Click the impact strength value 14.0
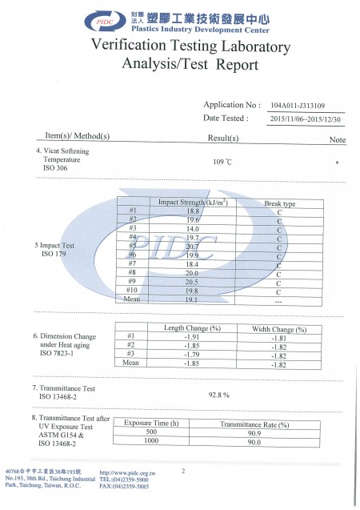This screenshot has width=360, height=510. coord(192,229)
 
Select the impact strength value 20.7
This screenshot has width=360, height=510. coord(192,247)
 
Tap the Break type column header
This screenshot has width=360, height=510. coord(279,203)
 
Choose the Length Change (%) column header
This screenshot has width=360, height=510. coord(192,328)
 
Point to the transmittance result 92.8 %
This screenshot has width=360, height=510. coord(219,395)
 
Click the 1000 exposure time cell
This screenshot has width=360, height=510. coord(152,441)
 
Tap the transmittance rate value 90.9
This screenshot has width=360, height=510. coord(254,432)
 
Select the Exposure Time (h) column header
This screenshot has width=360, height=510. coord(152,424)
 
